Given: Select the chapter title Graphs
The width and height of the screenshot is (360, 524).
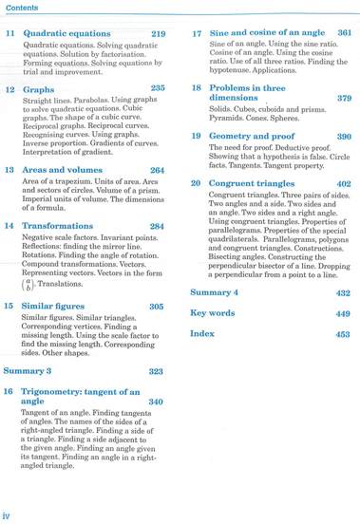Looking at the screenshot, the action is (x=38, y=88).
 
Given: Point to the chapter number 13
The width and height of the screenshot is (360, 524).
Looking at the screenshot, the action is (x=9, y=170).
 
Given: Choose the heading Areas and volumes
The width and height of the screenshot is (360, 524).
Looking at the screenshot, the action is (x=64, y=170).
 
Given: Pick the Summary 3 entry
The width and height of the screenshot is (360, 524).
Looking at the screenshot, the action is (x=28, y=370).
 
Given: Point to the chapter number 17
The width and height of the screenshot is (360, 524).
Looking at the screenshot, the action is (x=197, y=34).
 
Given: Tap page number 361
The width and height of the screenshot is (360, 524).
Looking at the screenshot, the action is (x=344, y=34).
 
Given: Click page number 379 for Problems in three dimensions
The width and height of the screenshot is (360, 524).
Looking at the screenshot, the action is (x=344, y=98).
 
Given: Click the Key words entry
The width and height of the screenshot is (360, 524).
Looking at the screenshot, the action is (x=213, y=313).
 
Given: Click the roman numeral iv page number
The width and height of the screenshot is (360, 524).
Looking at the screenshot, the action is (x=7, y=515).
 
